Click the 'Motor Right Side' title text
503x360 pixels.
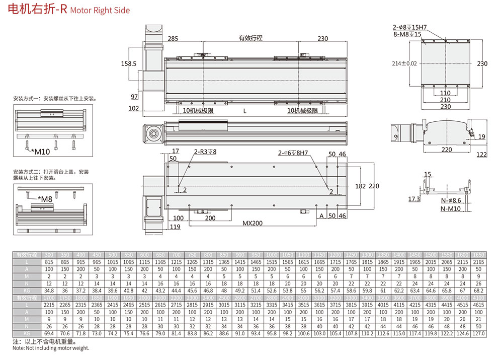pyautogui.click(x=100, y=10)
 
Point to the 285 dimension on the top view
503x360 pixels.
pyautogui.click(x=173, y=39)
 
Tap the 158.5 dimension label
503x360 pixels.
pyautogui.click(x=129, y=64)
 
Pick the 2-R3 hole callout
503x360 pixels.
pyautogui.click(x=205, y=152)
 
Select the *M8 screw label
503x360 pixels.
pyautogui.click(x=45, y=199)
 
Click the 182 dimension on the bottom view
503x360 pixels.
pyautogui.click(x=360, y=186)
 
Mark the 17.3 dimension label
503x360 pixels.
pyautogui.click(x=413, y=199)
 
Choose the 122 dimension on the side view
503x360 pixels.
pyautogui.click(x=481, y=155)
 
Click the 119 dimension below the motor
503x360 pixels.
pyautogui.click(x=175, y=228)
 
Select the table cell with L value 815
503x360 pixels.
pyautogui.click(x=49, y=262)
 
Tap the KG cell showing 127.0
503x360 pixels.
pyautogui.click(x=479, y=333)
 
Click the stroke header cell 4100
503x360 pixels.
pyautogui.click(x=479, y=298)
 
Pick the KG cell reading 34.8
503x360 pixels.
pyautogui.click(x=49, y=291)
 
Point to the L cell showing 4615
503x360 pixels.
pyautogui.click(x=479, y=305)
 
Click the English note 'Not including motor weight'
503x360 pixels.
pyautogui.click(x=51, y=348)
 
